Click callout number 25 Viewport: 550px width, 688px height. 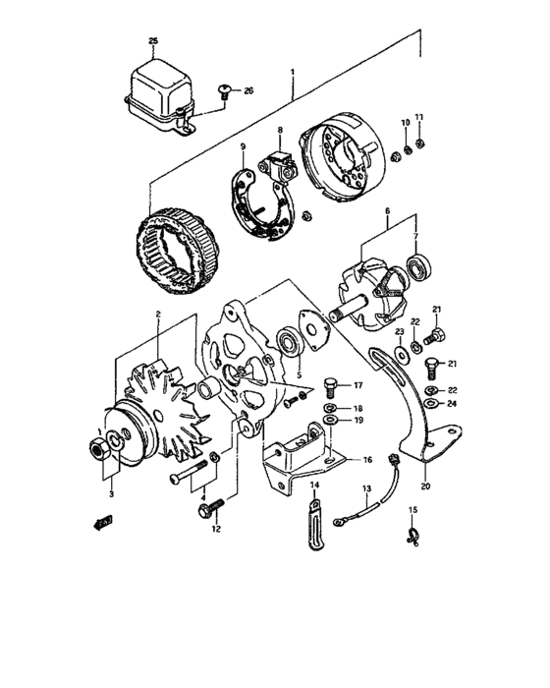tap(152, 40)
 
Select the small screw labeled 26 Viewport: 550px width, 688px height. tap(226, 93)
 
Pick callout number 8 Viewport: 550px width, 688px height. tap(279, 130)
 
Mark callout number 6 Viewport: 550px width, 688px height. tap(387, 211)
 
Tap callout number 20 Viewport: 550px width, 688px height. tap(424, 484)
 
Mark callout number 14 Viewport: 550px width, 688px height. tap(316, 485)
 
